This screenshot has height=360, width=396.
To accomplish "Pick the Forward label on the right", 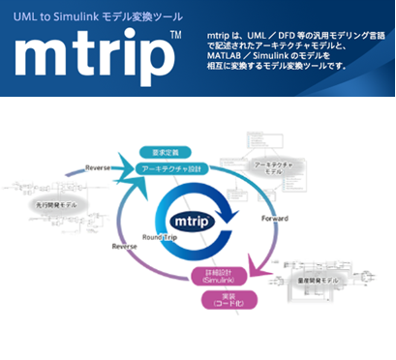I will pos(274,219).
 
